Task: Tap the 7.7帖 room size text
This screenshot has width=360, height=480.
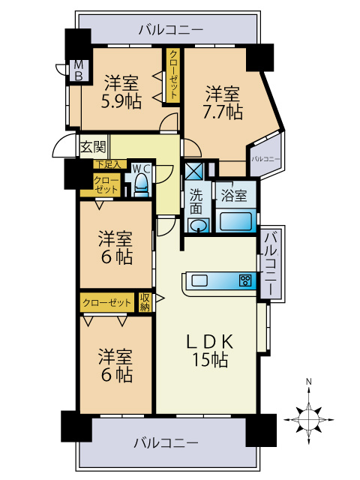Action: click(x=223, y=112)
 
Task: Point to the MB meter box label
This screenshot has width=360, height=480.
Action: click(x=76, y=71)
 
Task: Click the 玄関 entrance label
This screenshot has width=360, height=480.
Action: click(x=94, y=146)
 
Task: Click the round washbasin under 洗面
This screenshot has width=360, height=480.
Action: click(x=197, y=224)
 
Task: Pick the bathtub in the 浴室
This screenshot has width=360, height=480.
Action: click(x=236, y=221)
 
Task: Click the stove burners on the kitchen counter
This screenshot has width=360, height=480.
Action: click(x=244, y=281)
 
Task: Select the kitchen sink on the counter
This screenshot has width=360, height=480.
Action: click(x=200, y=281)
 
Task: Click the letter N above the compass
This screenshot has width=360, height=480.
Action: click(x=308, y=382)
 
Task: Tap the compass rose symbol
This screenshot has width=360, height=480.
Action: click(x=308, y=414)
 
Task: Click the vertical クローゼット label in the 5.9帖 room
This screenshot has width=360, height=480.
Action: click(x=173, y=74)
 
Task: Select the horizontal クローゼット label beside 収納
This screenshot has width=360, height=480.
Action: click(x=107, y=302)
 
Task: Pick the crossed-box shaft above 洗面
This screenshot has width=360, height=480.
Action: click(x=193, y=169)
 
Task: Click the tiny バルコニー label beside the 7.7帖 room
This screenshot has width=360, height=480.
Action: click(x=265, y=159)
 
